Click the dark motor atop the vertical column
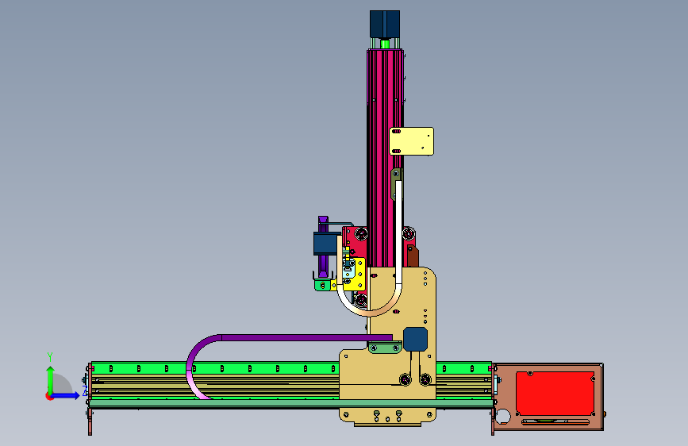(384, 24)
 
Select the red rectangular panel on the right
(555, 394)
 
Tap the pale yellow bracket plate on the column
(412, 141)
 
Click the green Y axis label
(50, 357)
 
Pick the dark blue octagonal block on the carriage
(415, 339)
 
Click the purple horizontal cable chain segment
(307, 337)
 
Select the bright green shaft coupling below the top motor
(385, 44)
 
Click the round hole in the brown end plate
(503, 416)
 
